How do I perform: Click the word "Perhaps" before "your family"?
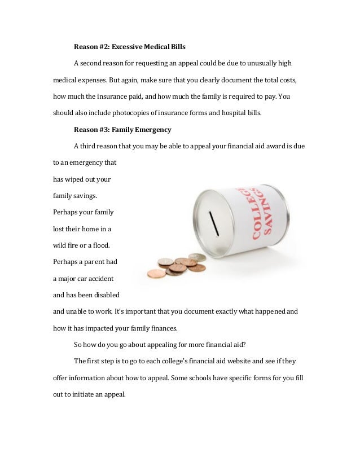(67, 212)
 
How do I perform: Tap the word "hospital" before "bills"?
(227, 112)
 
